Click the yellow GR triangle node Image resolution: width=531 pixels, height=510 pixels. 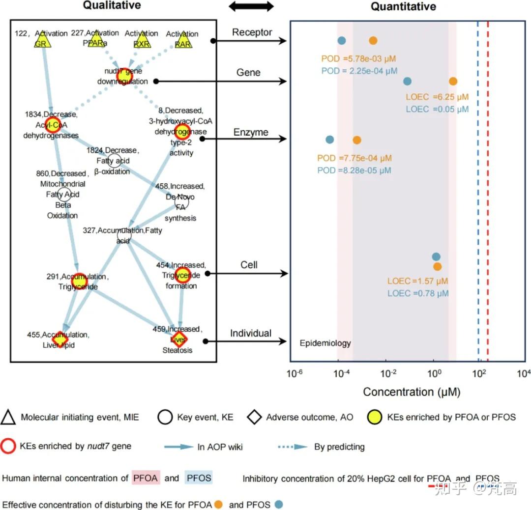43,42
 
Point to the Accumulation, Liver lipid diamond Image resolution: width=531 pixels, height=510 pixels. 60,340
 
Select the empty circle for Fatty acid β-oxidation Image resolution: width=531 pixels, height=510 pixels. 114,160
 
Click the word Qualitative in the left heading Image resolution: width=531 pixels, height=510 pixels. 112,5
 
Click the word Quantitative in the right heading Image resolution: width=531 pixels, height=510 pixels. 403,6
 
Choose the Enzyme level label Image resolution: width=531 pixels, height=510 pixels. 251,132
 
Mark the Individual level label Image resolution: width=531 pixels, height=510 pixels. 251,334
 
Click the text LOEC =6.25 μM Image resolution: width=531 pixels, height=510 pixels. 437,97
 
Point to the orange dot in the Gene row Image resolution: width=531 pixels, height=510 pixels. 453,82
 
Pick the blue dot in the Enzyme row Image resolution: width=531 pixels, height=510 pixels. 329,140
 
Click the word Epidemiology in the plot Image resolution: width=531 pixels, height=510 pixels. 325,343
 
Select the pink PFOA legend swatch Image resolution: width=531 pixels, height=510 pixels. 146,478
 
